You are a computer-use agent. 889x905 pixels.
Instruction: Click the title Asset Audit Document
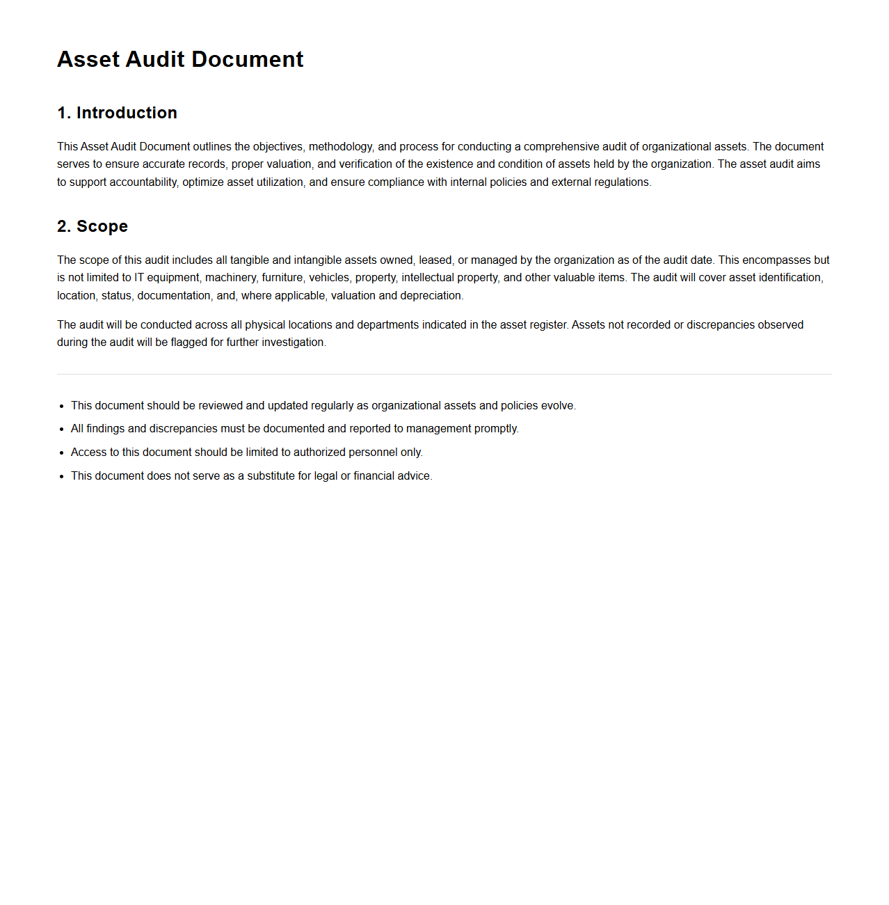coord(180,59)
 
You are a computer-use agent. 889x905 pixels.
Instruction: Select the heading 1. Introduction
coord(117,113)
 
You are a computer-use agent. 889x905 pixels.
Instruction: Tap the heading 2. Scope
coord(93,226)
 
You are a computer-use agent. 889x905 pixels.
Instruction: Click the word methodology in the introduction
coord(340,147)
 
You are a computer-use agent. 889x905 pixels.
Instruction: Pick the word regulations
coord(622,182)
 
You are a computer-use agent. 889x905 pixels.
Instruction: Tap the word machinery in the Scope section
coord(230,278)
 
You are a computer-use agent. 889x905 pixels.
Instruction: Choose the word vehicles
coord(329,278)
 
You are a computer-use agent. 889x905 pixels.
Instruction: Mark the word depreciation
coord(431,296)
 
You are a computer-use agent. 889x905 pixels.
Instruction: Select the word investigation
coord(294,343)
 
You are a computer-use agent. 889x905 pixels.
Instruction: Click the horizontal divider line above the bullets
coord(444,375)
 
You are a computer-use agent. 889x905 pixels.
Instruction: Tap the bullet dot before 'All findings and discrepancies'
coord(62,430)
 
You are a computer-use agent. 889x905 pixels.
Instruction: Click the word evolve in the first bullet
coord(558,406)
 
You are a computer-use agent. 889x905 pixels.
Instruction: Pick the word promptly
coord(496,429)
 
